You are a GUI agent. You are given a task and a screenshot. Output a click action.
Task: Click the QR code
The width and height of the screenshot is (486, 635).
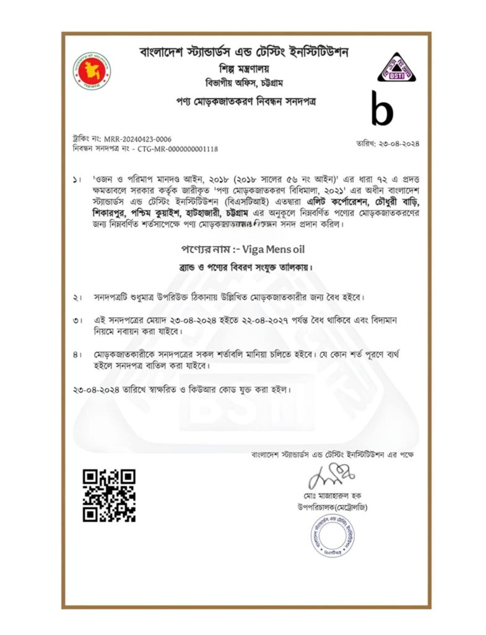(109, 495)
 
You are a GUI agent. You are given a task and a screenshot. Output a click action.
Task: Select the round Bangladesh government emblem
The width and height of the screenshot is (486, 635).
(92, 71)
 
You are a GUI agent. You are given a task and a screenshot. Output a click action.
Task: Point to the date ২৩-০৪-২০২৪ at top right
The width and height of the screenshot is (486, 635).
(388, 144)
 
